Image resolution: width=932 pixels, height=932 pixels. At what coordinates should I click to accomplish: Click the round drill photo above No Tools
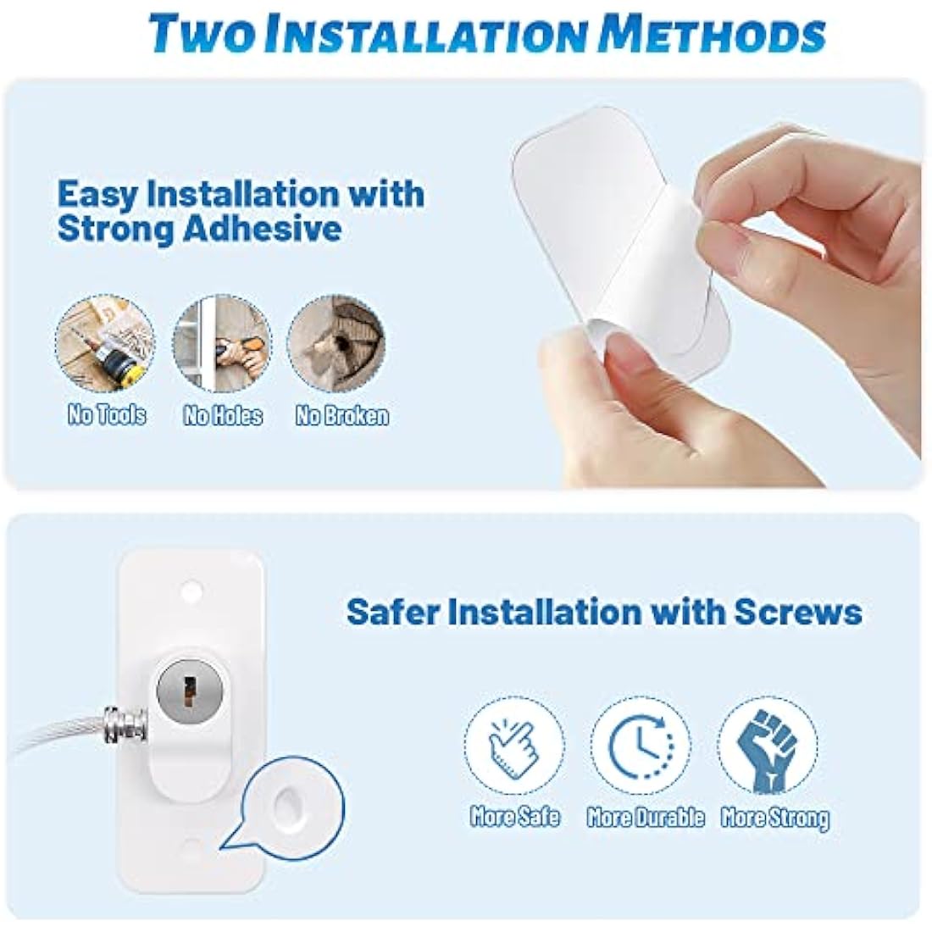click(106, 342)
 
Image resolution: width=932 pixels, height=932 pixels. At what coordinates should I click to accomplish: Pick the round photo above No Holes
click(222, 342)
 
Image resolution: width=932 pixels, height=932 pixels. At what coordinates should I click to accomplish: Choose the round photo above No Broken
click(338, 342)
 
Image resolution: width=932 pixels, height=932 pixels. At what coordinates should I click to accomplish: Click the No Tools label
click(107, 415)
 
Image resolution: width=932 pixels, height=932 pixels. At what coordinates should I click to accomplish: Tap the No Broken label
click(341, 415)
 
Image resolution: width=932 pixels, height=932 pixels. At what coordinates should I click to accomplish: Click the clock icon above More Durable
click(641, 746)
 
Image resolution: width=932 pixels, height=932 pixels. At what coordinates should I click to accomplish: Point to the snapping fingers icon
click(514, 746)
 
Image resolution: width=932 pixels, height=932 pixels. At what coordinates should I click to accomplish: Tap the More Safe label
click(515, 817)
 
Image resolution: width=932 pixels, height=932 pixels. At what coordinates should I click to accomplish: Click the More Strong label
click(774, 817)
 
